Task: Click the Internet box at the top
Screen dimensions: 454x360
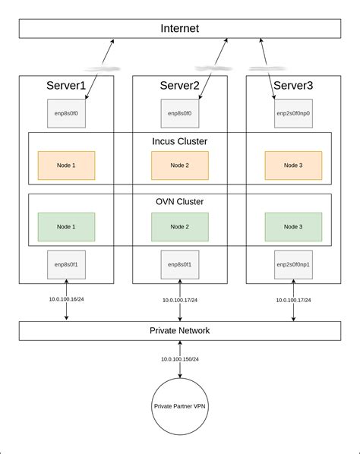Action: tap(180, 28)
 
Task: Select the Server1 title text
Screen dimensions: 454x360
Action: tap(66, 86)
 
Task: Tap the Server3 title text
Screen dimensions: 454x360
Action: tap(293, 86)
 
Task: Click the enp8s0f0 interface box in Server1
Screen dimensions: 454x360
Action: tap(66, 113)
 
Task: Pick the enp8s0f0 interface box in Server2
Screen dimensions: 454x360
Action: tap(180, 113)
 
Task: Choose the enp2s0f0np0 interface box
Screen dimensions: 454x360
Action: tap(293, 113)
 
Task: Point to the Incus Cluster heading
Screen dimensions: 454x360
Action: tap(180, 141)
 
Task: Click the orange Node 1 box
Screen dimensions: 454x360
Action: tap(66, 166)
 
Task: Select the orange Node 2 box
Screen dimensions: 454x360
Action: tap(180, 166)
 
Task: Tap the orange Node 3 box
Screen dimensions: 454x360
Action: tap(293, 166)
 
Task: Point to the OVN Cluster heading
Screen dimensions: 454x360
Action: tap(180, 202)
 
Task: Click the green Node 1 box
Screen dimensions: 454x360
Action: tap(66, 226)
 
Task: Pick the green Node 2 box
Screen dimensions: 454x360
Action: tap(180, 226)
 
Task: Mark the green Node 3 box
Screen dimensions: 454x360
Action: tap(293, 226)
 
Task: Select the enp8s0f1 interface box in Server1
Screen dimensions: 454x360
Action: tap(66, 264)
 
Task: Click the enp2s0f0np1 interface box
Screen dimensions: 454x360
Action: tap(293, 264)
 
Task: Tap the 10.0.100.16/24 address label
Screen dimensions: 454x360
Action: tap(66, 300)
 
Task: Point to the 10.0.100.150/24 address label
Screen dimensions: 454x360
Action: tap(180, 359)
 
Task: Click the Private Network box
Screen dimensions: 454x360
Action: tap(180, 330)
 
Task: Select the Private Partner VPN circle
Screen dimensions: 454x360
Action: tap(180, 406)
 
